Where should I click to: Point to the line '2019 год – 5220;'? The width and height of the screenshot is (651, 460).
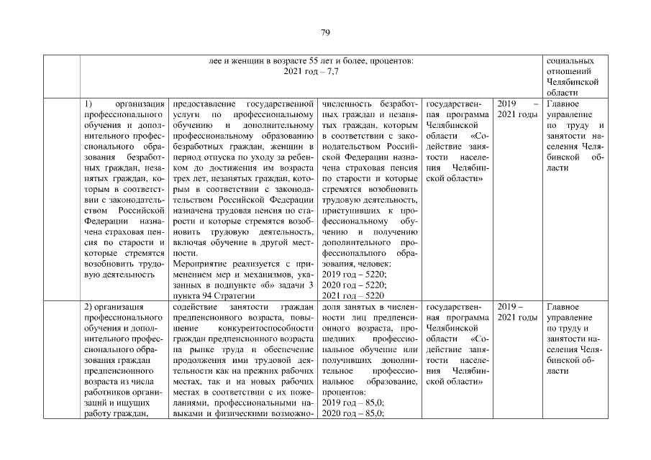point(354,275)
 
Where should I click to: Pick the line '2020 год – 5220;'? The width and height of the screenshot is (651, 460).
point(354,285)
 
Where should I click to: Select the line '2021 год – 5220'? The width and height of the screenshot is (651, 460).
point(353,295)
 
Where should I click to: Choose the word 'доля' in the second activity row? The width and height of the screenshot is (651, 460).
point(330,308)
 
